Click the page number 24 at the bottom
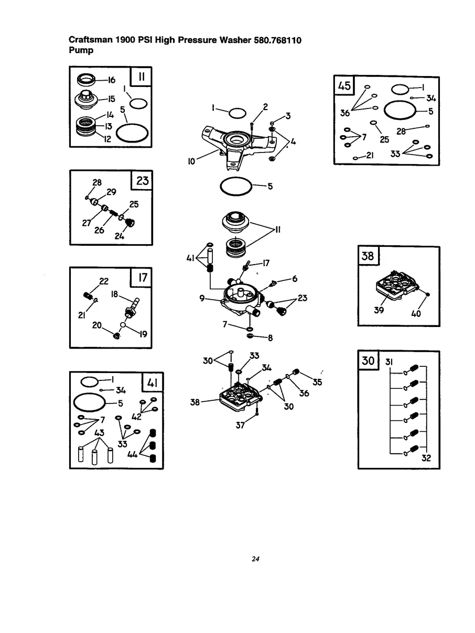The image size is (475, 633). [255, 559]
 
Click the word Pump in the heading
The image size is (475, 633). [81, 50]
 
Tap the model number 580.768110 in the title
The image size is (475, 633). [277, 40]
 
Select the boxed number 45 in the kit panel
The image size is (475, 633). [344, 85]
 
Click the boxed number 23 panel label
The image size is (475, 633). [143, 181]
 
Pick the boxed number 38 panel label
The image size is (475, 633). [368, 256]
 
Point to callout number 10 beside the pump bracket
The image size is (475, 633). [191, 161]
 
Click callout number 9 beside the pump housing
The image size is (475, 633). [202, 298]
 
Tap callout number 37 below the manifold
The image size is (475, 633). [240, 425]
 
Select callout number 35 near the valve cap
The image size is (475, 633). [317, 382]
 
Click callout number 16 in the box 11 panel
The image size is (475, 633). [112, 80]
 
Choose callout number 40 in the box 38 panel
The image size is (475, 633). [416, 313]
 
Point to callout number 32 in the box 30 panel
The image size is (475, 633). [426, 457]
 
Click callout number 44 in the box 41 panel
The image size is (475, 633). [132, 454]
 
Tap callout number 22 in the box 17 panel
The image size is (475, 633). [104, 281]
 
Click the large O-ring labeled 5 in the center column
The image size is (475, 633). [236, 187]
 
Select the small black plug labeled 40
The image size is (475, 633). [428, 294]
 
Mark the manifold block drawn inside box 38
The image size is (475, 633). [397, 284]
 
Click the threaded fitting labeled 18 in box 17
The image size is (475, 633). [132, 308]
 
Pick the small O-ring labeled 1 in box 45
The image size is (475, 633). [400, 90]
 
